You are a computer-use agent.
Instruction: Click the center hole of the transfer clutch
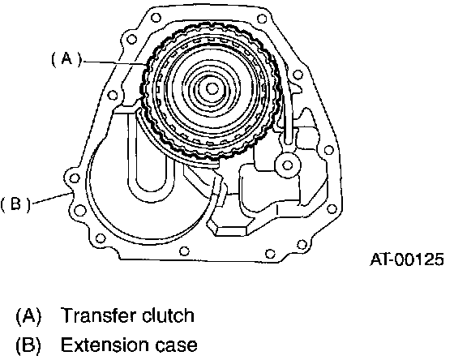tap(212, 88)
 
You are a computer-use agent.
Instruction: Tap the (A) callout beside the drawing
tap(66, 60)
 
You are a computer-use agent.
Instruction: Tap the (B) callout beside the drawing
tap(15, 204)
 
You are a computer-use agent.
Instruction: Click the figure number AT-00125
tap(407, 259)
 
